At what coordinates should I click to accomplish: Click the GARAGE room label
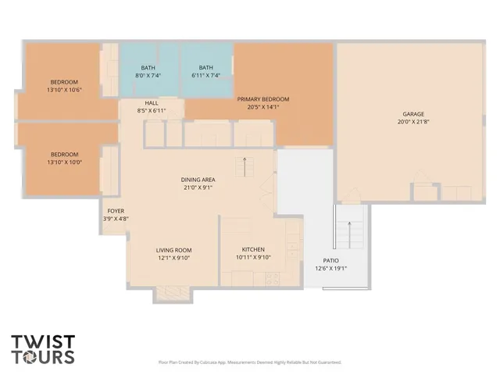coord(413,114)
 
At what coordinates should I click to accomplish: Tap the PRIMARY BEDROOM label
coord(263,99)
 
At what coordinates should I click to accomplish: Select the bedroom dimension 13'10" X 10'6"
coord(64,90)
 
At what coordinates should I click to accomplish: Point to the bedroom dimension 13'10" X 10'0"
coord(64,162)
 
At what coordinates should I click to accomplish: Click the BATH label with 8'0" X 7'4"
coord(148,68)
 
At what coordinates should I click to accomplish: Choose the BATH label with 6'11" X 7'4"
coord(205,68)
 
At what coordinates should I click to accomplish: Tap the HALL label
coord(152,103)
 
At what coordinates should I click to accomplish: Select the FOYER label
coord(115,211)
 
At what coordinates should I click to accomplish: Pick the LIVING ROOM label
coord(173,250)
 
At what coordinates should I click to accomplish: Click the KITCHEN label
coord(252,250)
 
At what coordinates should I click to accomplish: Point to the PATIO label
coord(330,261)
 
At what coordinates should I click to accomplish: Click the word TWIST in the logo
coord(43,341)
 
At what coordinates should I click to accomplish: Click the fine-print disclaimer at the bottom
coord(249,362)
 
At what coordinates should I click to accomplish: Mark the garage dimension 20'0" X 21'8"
coord(413,122)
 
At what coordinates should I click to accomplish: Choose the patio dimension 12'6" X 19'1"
coord(330,269)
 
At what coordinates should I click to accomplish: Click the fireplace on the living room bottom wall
coord(168,293)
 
